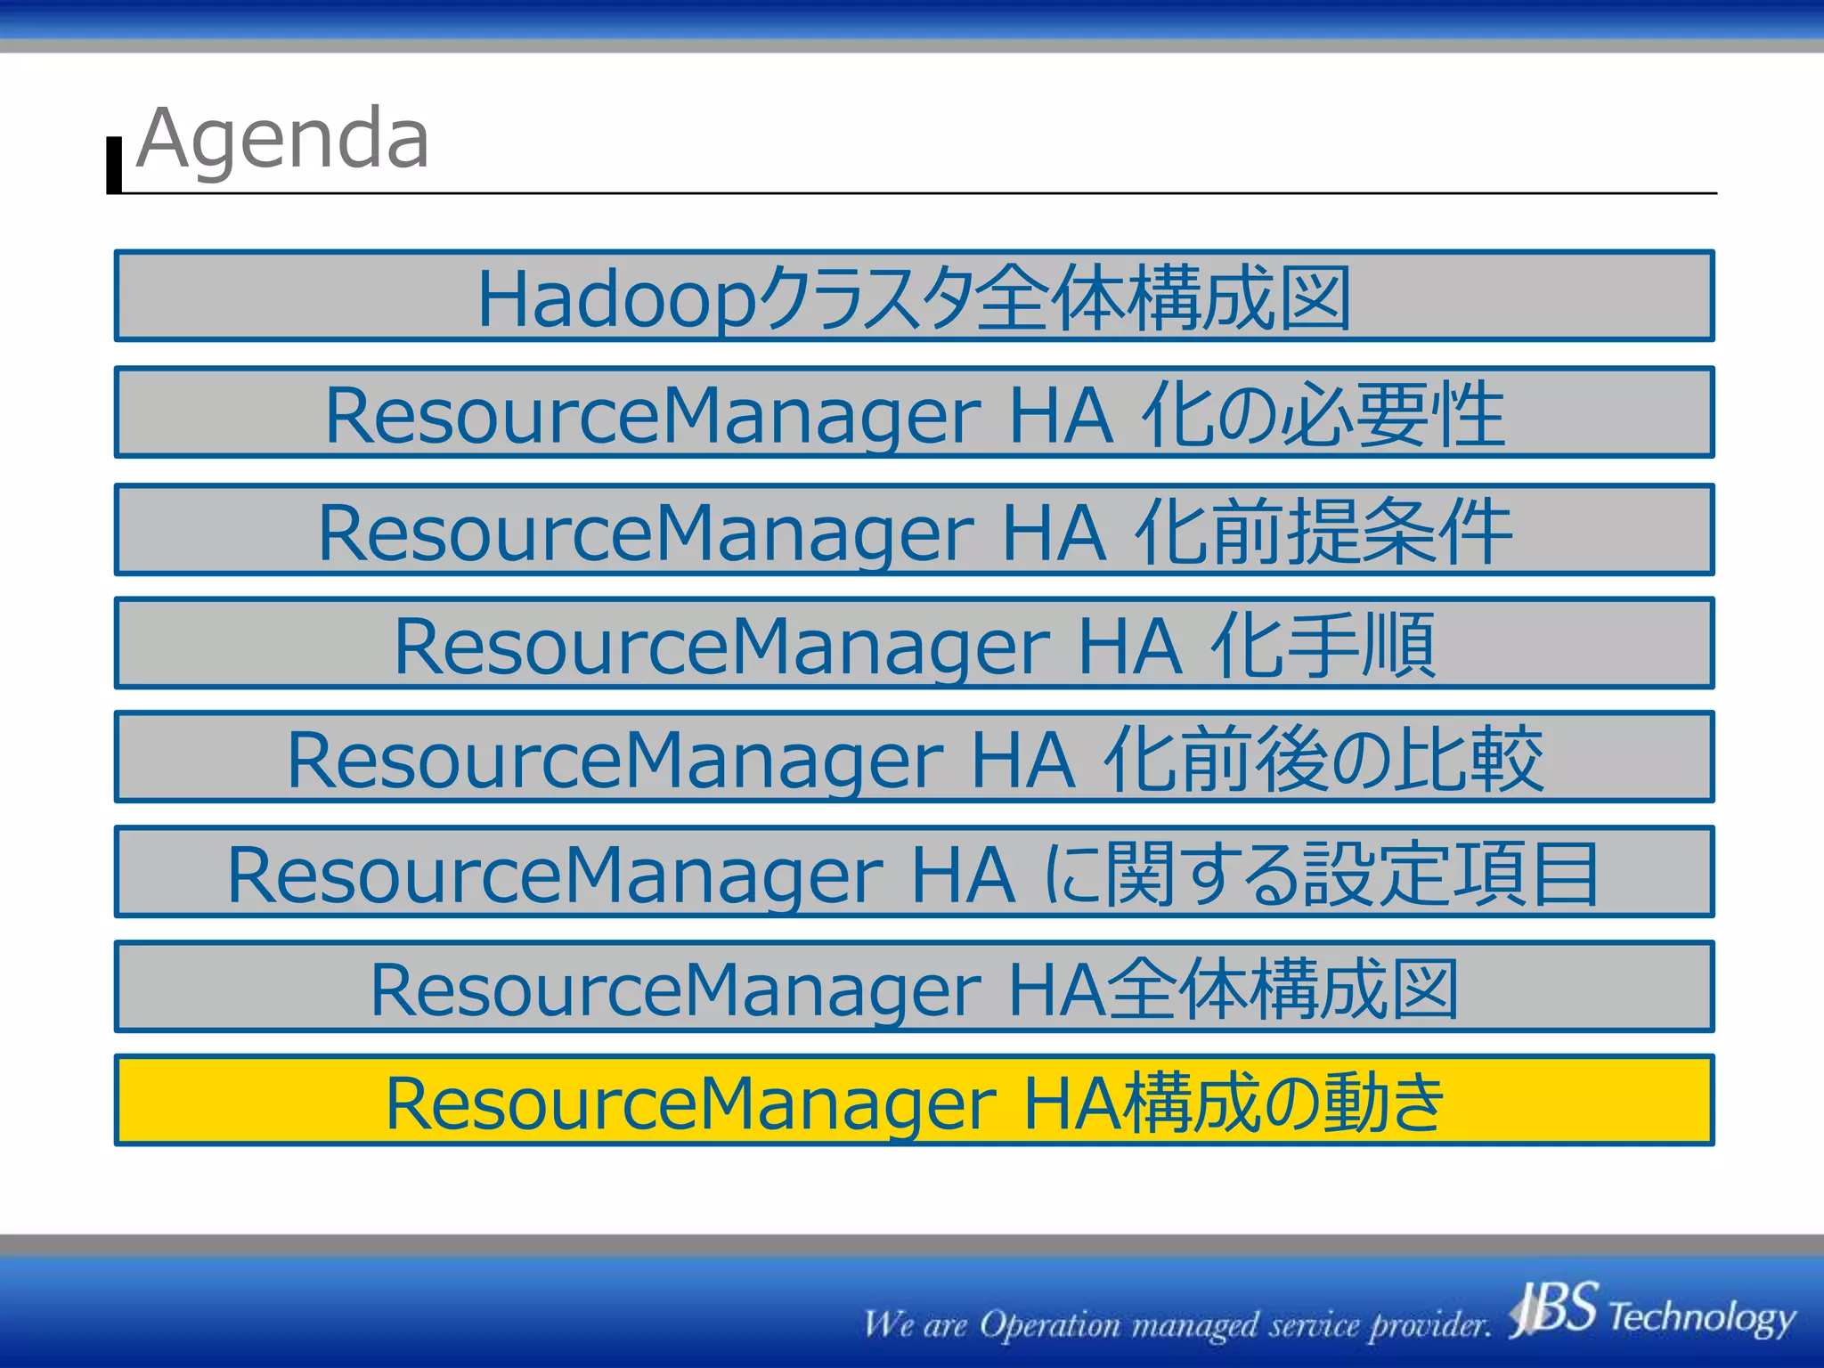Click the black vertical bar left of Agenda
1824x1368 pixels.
click(114, 166)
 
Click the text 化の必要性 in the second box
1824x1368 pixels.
click(1323, 415)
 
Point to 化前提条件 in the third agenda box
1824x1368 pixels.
click(1323, 532)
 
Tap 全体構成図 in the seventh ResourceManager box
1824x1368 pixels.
click(1283, 989)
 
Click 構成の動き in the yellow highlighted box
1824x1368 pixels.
click(1282, 1103)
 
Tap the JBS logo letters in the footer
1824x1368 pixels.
click(1555, 1309)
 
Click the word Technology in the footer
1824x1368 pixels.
click(1701, 1316)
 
